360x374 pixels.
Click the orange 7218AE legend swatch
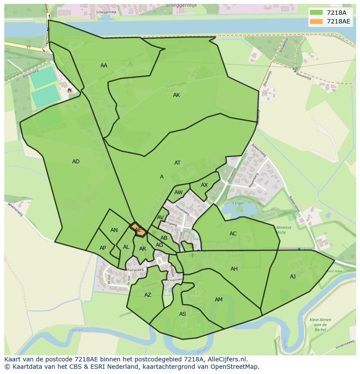317,21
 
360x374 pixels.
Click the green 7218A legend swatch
317,13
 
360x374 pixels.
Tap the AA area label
104,66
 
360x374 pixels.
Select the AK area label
177,95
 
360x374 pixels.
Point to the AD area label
76,162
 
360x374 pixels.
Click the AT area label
177,163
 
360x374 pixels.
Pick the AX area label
204,185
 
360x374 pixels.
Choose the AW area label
178,192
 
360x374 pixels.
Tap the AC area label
233,234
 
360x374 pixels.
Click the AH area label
234,269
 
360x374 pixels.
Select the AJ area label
293,277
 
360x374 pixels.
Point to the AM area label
219,300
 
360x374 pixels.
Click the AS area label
183,314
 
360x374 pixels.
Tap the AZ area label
148,295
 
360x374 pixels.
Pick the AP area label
103,248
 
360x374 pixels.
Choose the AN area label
114,230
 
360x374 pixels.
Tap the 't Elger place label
237,203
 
